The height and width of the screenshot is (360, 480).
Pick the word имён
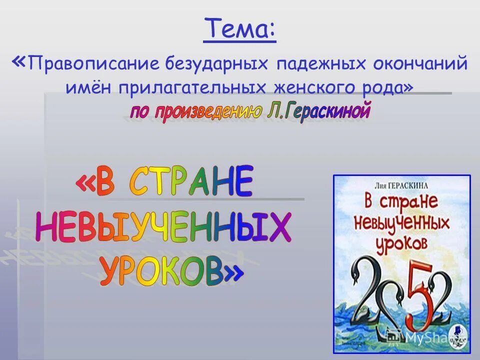pyautogui.click(x=87, y=87)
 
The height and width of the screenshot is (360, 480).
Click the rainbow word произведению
pyautogui.click(x=208, y=111)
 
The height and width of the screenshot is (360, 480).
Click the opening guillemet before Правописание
pyautogui.click(x=19, y=62)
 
